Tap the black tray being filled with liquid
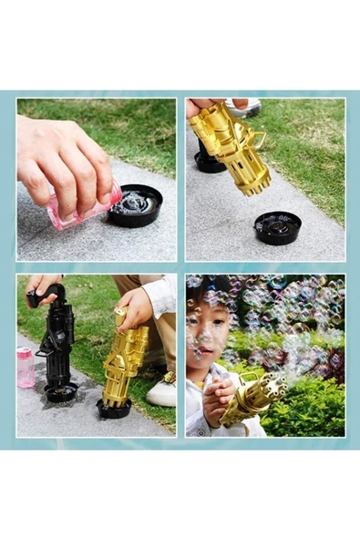[x=134, y=204]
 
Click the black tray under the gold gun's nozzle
[x=277, y=226]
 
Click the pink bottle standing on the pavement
[x=26, y=367]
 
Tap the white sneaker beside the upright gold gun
[x=162, y=389]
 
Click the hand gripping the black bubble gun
[x=44, y=290]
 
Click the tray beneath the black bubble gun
[x=61, y=393]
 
